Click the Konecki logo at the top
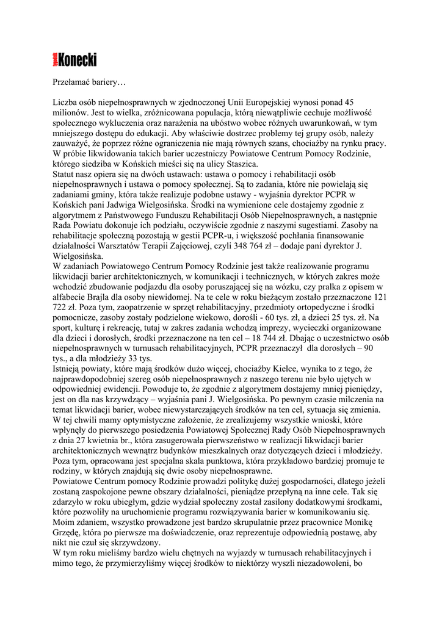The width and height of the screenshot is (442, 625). pyautogui.click(x=74, y=59)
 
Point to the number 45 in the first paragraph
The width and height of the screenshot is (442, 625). pyautogui.click(x=349, y=102)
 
